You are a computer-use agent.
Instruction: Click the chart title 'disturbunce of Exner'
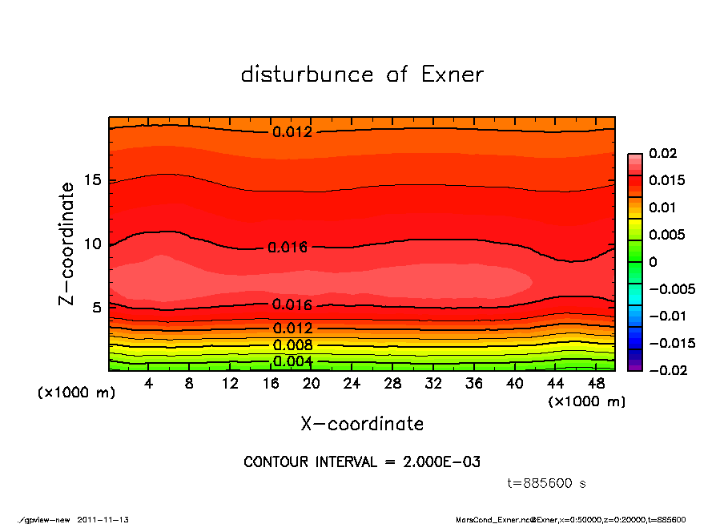pyautogui.click(x=362, y=75)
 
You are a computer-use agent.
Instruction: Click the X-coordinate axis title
pyautogui.click(x=362, y=423)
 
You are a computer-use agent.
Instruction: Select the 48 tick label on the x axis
pyautogui.click(x=595, y=384)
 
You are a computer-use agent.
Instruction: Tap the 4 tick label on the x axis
pyautogui.click(x=149, y=384)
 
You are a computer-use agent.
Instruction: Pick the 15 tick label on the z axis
pyautogui.click(x=94, y=181)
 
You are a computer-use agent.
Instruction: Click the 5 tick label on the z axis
pyautogui.click(x=99, y=308)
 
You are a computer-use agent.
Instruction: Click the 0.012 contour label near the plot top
pyautogui.click(x=292, y=132)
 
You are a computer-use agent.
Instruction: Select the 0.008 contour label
pyautogui.click(x=292, y=345)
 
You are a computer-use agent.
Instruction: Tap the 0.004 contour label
pyautogui.click(x=292, y=361)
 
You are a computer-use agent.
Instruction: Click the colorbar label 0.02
pyautogui.click(x=662, y=153)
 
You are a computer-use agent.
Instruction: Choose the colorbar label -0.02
pyautogui.click(x=666, y=370)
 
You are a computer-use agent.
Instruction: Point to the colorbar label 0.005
pyautogui.click(x=666, y=235)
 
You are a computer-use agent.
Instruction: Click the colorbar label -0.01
pyautogui.click(x=666, y=316)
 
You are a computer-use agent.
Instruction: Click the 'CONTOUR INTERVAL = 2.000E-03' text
pyautogui.click(x=362, y=462)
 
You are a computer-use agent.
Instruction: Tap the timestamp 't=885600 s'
pyautogui.click(x=547, y=483)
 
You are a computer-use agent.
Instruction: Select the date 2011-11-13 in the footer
pyautogui.click(x=103, y=519)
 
